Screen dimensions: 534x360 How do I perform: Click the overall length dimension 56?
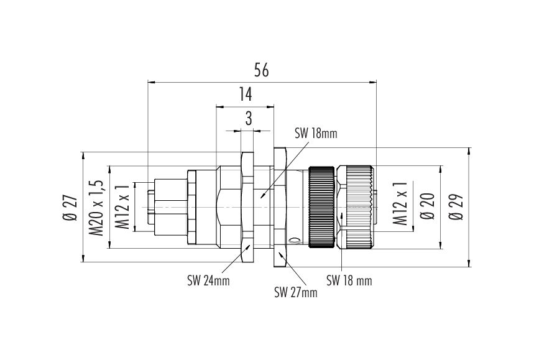click(x=262, y=70)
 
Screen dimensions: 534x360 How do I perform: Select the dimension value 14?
click(x=245, y=95)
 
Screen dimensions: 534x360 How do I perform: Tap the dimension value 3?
click(x=249, y=119)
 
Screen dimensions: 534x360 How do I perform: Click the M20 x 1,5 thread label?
click(x=96, y=208)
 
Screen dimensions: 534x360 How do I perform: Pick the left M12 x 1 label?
click(x=122, y=207)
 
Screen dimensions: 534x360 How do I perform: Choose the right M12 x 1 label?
click(x=400, y=203)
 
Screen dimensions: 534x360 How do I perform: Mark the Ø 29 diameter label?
click(x=456, y=207)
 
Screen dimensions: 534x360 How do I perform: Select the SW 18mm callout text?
click(x=315, y=134)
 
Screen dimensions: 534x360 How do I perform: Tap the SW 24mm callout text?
click(x=208, y=280)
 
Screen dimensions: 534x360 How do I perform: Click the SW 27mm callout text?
click(x=296, y=293)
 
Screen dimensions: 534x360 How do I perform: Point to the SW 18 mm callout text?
click(x=349, y=280)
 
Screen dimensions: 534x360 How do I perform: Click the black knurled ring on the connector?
click(x=321, y=207)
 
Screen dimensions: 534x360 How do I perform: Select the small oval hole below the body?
click(x=293, y=241)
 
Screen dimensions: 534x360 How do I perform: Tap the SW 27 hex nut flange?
click(x=280, y=207)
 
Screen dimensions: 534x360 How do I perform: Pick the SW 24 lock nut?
click(x=247, y=207)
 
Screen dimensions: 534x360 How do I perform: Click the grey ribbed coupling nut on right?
click(x=356, y=207)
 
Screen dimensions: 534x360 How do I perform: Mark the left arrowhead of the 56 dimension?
click(x=152, y=82)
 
